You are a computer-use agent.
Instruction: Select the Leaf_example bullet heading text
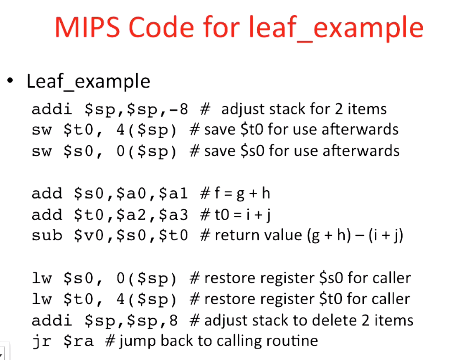88,81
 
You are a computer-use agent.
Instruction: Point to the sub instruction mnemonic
47,236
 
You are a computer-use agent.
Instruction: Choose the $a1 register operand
178,194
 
